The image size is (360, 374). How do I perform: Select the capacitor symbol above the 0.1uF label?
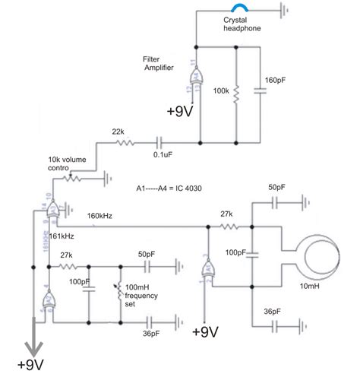160,142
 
